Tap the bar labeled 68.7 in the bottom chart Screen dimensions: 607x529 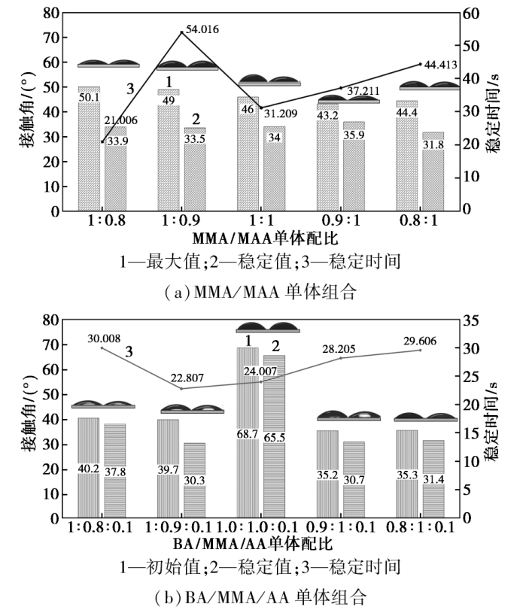point(248,421)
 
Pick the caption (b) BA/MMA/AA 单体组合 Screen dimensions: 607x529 point(265,596)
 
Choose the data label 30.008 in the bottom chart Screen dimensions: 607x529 point(104,338)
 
